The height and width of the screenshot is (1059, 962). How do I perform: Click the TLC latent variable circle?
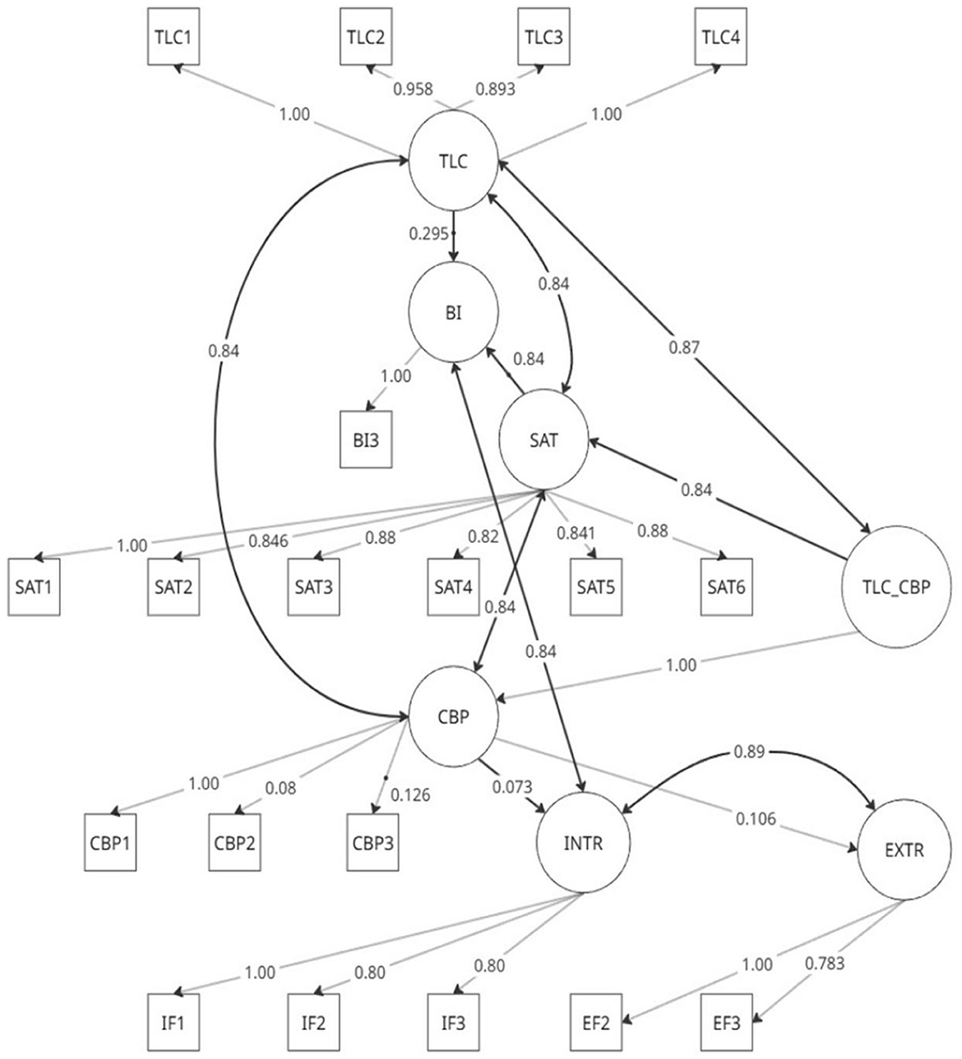point(453,162)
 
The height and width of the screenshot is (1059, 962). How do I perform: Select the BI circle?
point(453,311)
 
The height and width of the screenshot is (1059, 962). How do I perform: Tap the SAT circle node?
point(543,440)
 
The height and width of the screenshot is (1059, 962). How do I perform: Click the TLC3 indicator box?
point(543,37)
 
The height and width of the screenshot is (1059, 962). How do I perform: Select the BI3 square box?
point(367,440)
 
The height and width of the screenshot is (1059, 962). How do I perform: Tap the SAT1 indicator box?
point(34,587)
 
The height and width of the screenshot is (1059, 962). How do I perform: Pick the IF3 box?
point(453,1023)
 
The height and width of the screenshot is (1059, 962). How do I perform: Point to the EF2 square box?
point(596,1023)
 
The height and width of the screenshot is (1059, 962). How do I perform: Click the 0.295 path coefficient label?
point(428,234)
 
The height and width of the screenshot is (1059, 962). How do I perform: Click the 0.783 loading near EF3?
point(826,963)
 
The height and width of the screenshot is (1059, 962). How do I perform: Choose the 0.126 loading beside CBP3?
point(410,795)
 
